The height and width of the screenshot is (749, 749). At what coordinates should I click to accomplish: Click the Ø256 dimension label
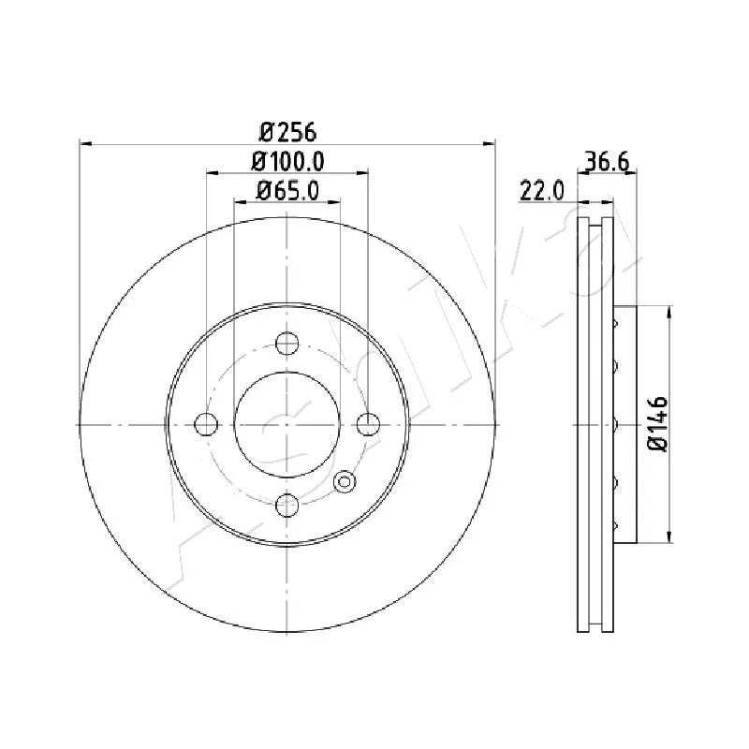(x=287, y=132)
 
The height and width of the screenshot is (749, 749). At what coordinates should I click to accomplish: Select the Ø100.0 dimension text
(x=287, y=162)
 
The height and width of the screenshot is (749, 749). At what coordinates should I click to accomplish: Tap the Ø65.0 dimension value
(x=287, y=191)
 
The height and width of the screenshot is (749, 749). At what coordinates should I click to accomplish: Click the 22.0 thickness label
(x=542, y=191)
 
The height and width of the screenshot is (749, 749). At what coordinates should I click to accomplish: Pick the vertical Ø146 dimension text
(x=658, y=424)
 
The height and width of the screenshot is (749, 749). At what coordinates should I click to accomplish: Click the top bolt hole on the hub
(x=287, y=343)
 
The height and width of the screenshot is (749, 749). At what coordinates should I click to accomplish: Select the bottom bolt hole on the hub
(x=287, y=505)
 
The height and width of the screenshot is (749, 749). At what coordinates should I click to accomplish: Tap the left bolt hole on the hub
(x=206, y=424)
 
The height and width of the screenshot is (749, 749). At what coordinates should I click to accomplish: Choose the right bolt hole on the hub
(x=368, y=424)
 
